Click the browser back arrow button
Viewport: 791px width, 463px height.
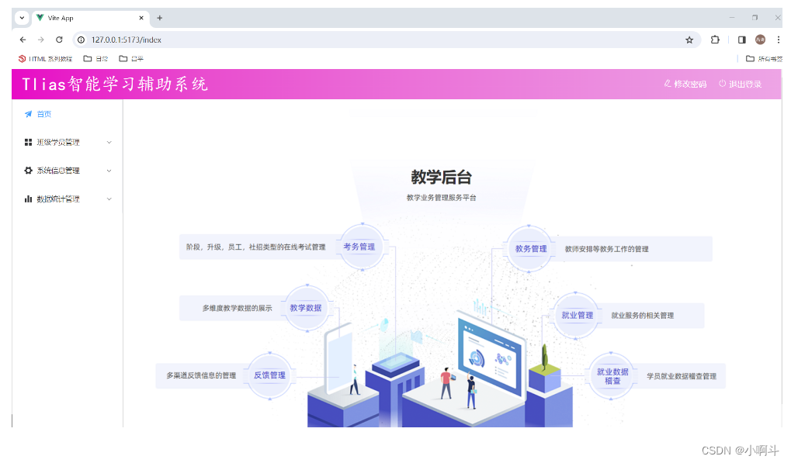point(23,40)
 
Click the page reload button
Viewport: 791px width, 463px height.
point(59,40)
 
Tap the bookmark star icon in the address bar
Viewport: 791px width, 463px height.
point(689,40)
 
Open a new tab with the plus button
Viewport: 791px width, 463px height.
point(160,18)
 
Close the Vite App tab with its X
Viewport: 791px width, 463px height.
point(141,18)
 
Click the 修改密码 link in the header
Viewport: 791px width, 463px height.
point(685,84)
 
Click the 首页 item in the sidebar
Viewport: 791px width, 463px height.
point(43,114)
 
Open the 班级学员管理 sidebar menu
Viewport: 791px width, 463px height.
point(58,142)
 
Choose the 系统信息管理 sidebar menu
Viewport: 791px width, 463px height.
point(58,171)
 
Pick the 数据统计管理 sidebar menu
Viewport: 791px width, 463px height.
point(58,199)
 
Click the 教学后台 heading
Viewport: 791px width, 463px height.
point(441,178)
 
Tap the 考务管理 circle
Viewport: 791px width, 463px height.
point(359,247)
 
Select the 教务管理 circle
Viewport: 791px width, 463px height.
point(531,249)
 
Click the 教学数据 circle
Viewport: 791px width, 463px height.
point(306,308)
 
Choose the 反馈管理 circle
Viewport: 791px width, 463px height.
point(269,375)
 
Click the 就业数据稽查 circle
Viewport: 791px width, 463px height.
point(612,376)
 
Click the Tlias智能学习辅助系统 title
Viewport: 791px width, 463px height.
point(115,84)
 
